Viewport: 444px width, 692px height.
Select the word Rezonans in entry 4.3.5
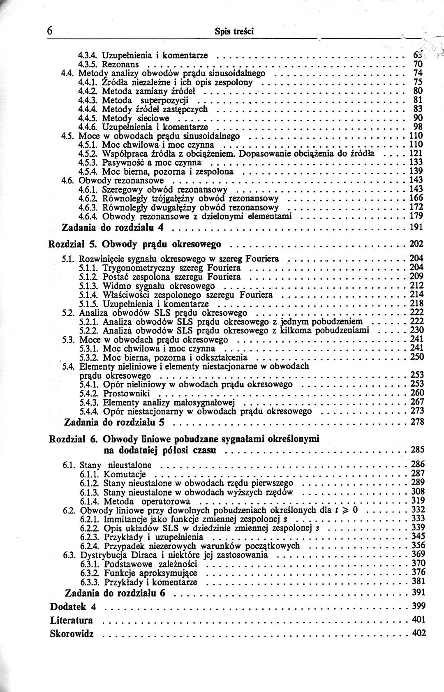pyautogui.click(x=120, y=64)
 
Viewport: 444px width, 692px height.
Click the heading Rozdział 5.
pyautogui.click(x=72, y=244)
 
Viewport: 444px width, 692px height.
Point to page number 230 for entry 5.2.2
pyautogui.click(x=417, y=330)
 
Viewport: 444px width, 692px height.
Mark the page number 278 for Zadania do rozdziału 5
pyautogui.click(x=417, y=422)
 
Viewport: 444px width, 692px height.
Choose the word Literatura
pyautogui.click(x=71, y=620)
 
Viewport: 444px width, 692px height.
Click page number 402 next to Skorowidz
pyautogui.click(x=419, y=633)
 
